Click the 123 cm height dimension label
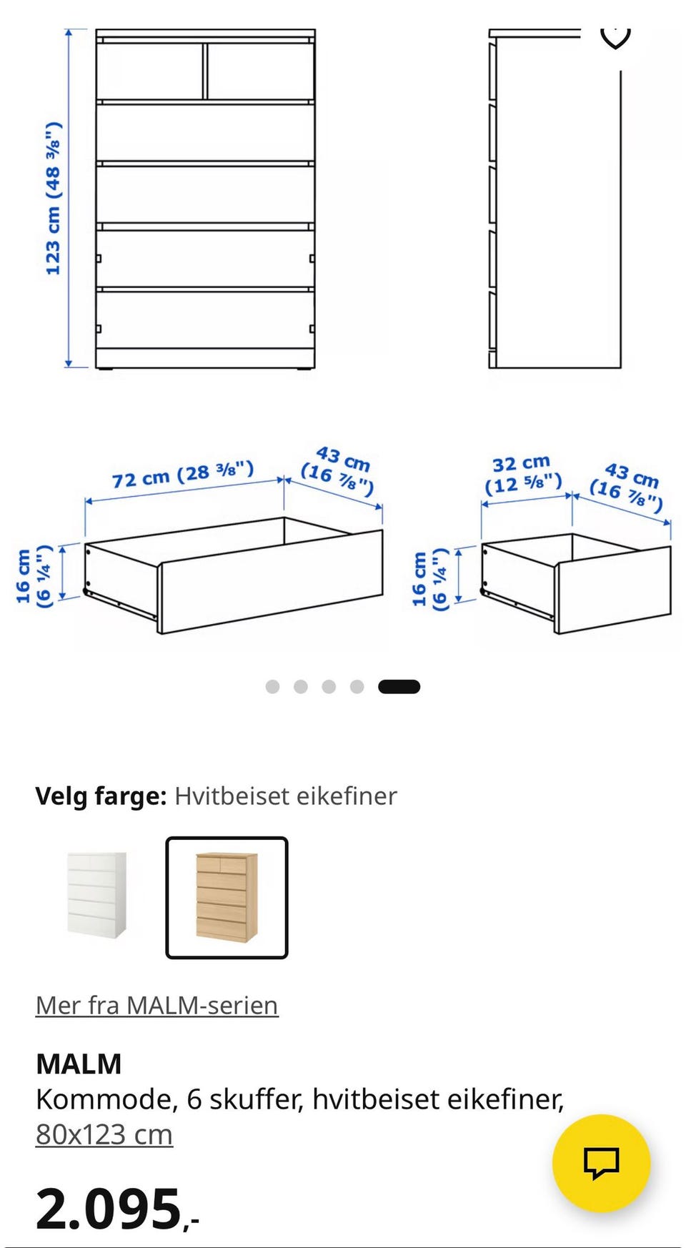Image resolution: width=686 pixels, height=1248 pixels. [53, 199]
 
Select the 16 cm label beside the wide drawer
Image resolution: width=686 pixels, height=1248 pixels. [34, 576]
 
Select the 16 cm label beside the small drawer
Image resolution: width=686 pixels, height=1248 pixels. [429, 579]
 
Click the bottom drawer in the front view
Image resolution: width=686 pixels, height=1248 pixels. [205, 320]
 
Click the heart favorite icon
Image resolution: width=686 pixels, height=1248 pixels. [615, 36]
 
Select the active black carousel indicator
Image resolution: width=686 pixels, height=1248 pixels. [399, 687]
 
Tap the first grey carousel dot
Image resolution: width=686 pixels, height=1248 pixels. [272, 687]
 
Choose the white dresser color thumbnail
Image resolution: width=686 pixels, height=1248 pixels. [97, 896]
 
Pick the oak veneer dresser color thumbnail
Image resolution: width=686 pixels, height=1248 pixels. [227, 897]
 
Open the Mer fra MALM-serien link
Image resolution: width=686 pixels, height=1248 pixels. [156, 1005]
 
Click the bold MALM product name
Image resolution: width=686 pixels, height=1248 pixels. [79, 1064]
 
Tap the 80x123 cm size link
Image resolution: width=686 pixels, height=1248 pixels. [104, 1134]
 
